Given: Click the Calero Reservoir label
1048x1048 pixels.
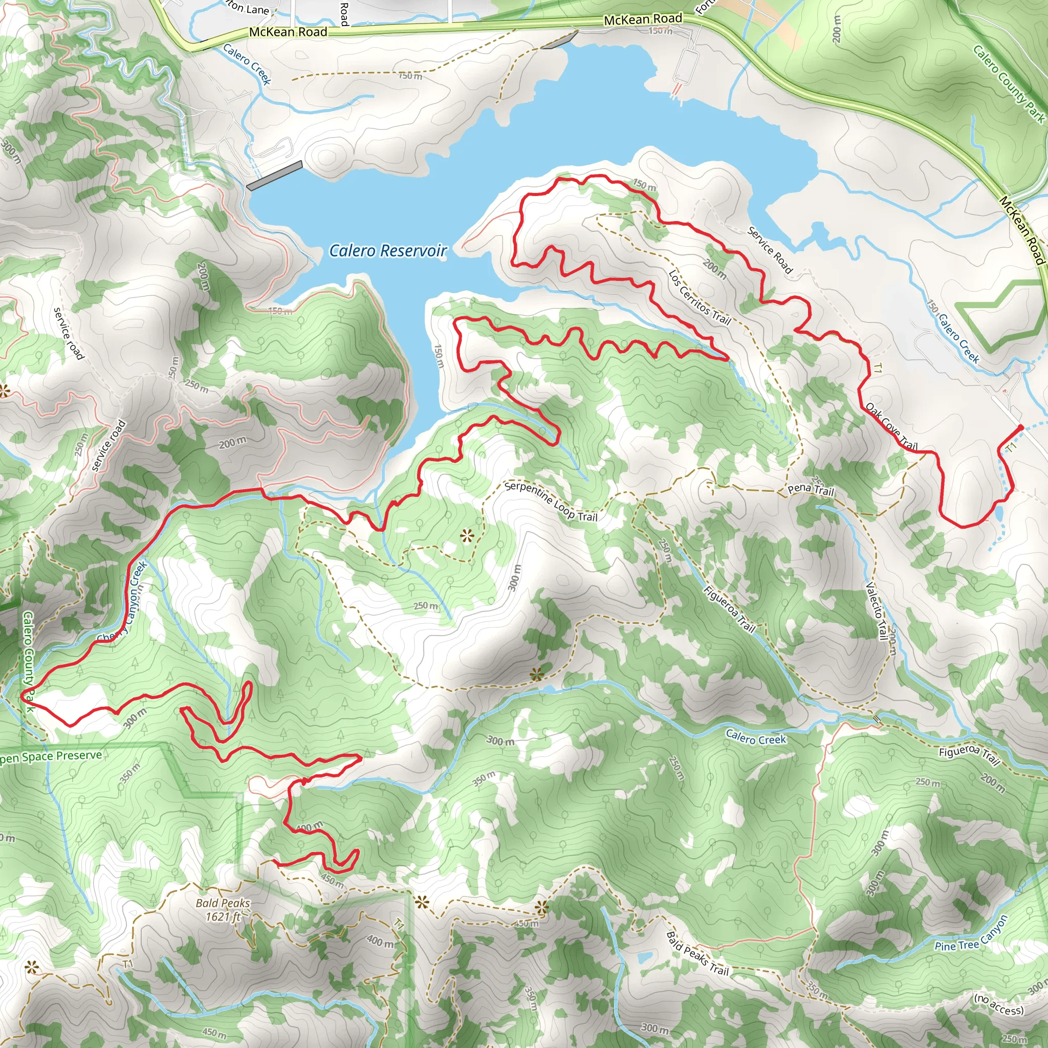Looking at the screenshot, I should point(388,251).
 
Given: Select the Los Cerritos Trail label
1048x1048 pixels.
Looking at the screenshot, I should point(699,298).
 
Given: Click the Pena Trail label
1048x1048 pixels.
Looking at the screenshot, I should point(811,490).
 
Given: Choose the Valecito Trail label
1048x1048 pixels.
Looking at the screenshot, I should point(876,612).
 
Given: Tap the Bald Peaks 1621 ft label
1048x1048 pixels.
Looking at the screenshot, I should point(223,910).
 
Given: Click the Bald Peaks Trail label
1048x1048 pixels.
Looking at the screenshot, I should point(697,953).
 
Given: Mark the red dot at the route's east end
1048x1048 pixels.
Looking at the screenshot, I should point(1021,427).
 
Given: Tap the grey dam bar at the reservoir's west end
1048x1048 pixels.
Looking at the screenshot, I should point(274,175).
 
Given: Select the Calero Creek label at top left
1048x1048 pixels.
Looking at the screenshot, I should point(247,64).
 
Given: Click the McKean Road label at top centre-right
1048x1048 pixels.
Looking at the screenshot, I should point(643,19).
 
